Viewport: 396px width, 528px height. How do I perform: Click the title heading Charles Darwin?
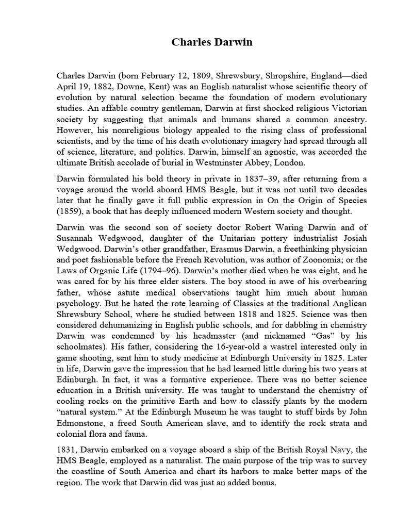pos(212,42)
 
